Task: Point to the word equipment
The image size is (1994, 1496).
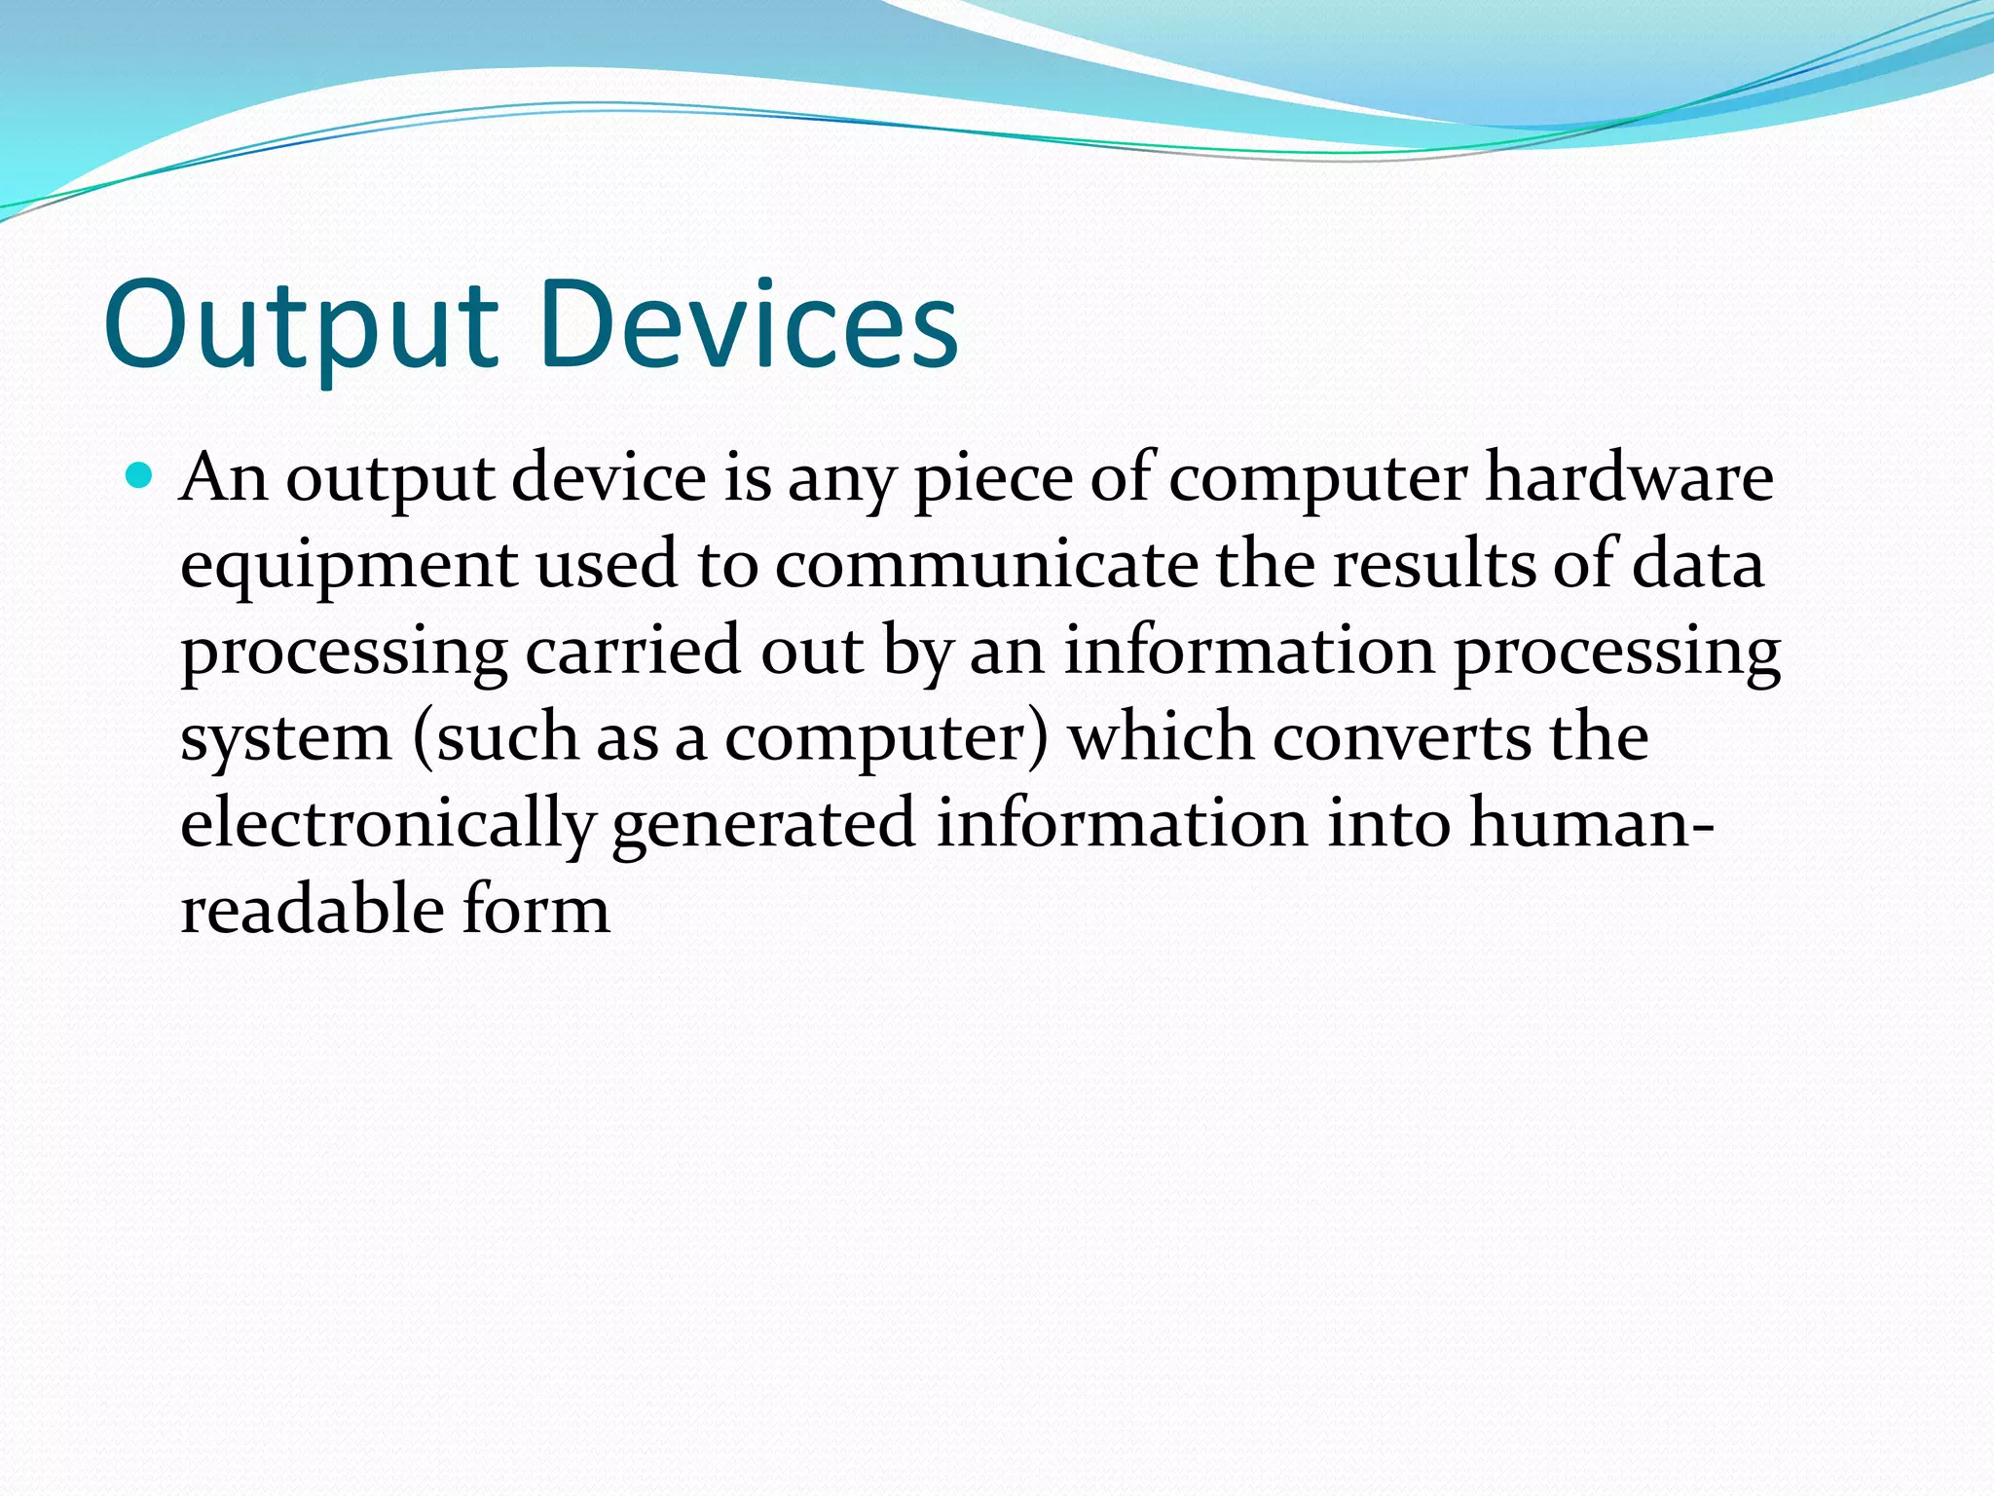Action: [349, 566]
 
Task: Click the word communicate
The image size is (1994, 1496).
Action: [986, 564]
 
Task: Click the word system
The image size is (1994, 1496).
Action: [285, 737]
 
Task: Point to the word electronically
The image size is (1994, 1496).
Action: [387, 824]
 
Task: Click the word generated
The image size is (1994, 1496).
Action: [763, 824]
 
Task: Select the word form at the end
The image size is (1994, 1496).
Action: [535, 909]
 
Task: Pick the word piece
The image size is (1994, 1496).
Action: [992, 479]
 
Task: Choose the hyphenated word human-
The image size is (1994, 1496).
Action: [1591, 823]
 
